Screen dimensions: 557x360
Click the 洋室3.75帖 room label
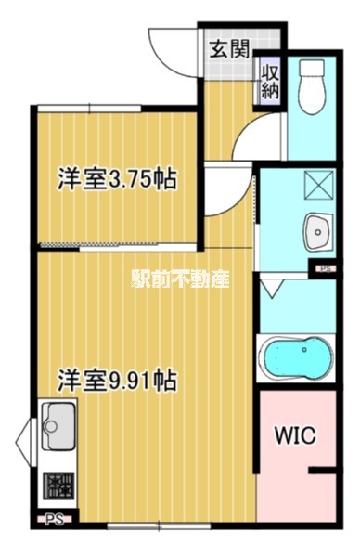[x=118, y=178]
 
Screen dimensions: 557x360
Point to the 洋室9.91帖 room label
[x=118, y=379]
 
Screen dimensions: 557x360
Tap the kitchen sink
[x=59, y=427]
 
